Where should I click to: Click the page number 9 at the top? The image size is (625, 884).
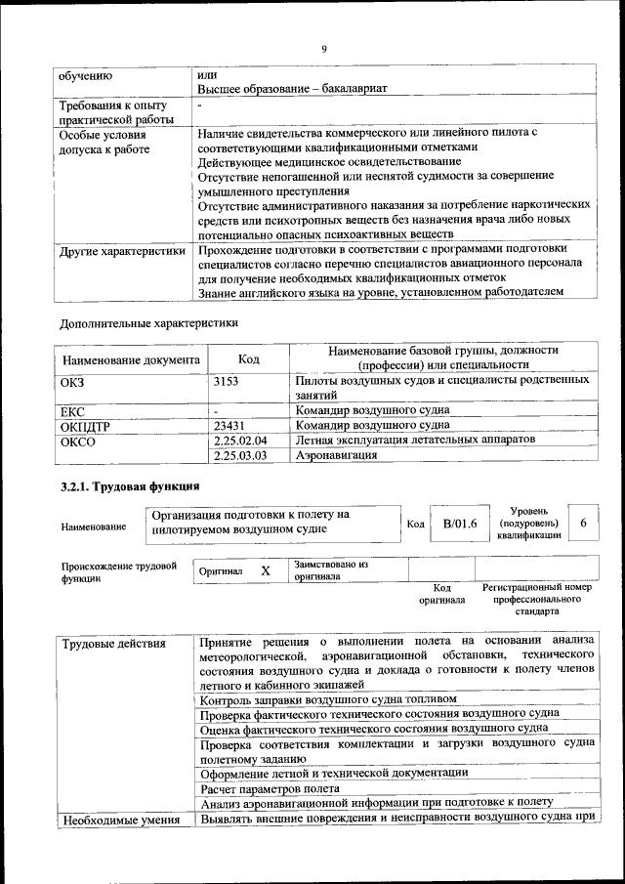point(323,49)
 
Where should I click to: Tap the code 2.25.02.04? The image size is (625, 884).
point(239,441)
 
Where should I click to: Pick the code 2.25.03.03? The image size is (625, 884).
point(239,455)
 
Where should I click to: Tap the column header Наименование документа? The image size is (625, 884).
point(130,358)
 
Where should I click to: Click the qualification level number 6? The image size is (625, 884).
point(583,524)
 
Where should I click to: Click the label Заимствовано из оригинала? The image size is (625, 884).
point(331,570)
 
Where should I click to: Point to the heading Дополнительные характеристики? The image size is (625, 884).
point(148,321)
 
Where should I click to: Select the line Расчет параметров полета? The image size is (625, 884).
point(270,787)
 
